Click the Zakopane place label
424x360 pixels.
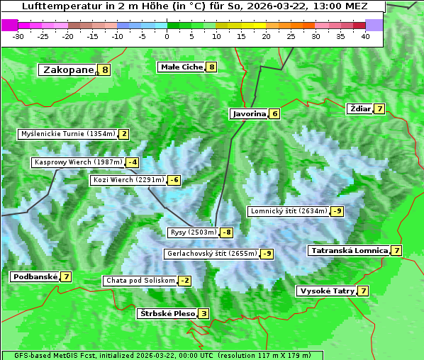(x=68, y=69)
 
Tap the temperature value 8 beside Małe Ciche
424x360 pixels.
(x=211, y=67)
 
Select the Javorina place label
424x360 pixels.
(x=249, y=113)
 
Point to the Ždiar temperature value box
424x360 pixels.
(x=381, y=109)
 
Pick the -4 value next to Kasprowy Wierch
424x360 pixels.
(x=133, y=162)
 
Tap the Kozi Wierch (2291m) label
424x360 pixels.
(x=128, y=180)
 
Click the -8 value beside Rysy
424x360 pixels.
(x=227, y=232)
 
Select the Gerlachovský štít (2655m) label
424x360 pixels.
(x=212, y=254)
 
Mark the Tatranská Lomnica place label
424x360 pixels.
(x=349, y=250)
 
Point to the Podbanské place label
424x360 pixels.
(x=35, y=276)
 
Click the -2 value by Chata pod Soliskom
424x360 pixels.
(x=184, y=281)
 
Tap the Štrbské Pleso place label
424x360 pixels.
(x=167, y=313)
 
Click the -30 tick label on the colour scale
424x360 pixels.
(x=18, y=36)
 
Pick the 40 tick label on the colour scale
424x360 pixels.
(x=365, y=36)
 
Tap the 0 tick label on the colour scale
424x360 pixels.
(x=167, y=36)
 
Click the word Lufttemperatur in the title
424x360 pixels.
(x=55, y=6)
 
